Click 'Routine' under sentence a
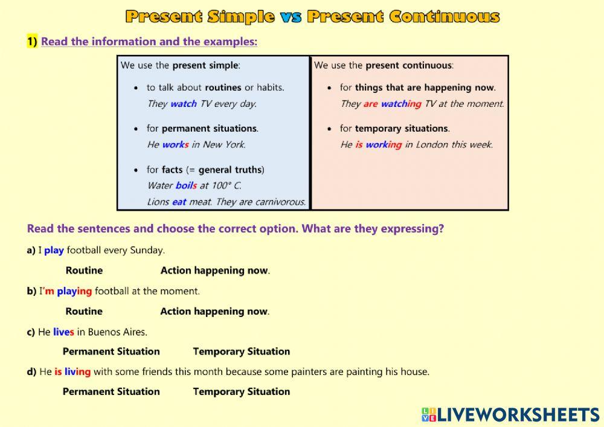click(x=84, y=271)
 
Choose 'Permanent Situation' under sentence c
click(x=111, y=352)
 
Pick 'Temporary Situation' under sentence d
click(x=241, y=391)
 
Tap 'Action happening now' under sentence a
click(x=214, y=271)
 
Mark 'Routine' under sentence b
click(x=84, y=312)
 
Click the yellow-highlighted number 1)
click(x=32, y=42)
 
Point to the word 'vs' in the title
click(x=291, y=16)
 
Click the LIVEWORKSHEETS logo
click(x=510, y=414)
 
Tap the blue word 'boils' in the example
click(x=186, y=185)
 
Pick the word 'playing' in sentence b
click(x=74, y=291)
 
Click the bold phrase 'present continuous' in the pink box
click(x=408, y=65)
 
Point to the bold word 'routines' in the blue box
click(x=223, y=87)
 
